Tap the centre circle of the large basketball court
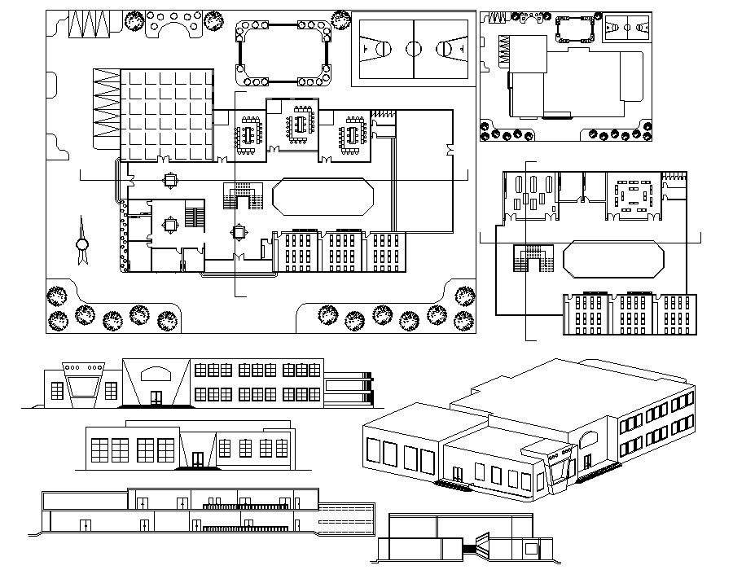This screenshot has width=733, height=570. pos(413,48)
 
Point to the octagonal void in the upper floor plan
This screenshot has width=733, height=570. pos(612,259)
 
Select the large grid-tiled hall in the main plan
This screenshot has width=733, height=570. pos(167,113)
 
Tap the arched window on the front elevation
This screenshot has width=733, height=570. pos(157,374)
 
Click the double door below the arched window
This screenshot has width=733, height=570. pos(156,397)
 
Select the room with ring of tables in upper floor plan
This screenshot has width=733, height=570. pos(632,195)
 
